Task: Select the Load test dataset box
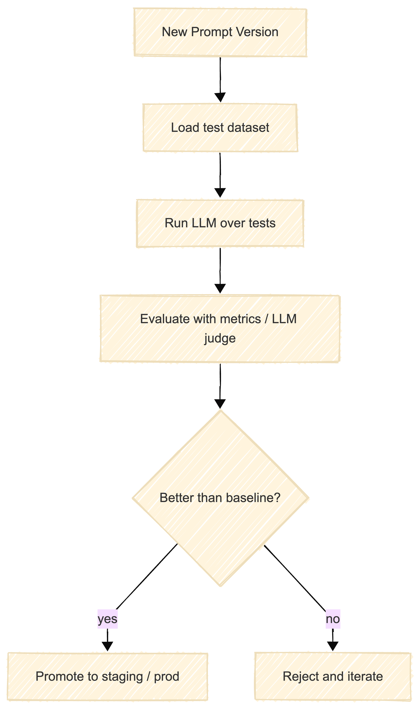click(220, 128)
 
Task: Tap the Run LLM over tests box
click(220, 223)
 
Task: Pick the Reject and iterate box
click(333, 676)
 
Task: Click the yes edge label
click(108, 619)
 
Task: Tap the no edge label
click(333, 619)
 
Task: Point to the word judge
click(220, 338)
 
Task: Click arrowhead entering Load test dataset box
click(220, 97)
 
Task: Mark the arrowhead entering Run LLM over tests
click(220, 193)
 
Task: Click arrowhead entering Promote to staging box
click(108, 647)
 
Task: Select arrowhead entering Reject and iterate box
click(333, 647)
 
